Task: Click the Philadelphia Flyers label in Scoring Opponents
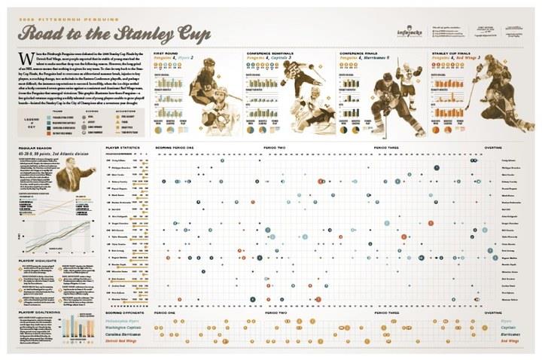126,319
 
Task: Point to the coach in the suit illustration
75,181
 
